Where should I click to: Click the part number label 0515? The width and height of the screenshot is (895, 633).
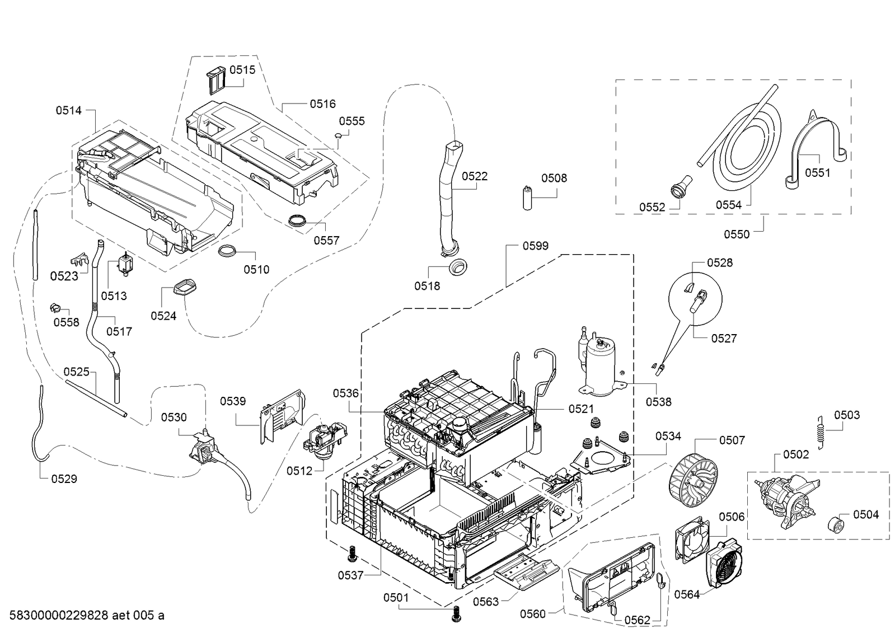pyautogui.click(x=242, y=69)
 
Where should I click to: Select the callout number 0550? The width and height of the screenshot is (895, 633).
pyautogui.click(x=737, y=235)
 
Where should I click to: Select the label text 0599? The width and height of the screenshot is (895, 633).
pyautogui.click(x=536, y=246)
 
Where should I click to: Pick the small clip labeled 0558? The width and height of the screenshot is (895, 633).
pyautogui.click(x=56, y=308)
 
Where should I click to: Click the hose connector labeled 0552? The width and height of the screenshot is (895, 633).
pyautogui.click(x=680, y=186)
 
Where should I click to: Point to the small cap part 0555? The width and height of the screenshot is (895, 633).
pyautogui.click(x=339, y=135)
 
